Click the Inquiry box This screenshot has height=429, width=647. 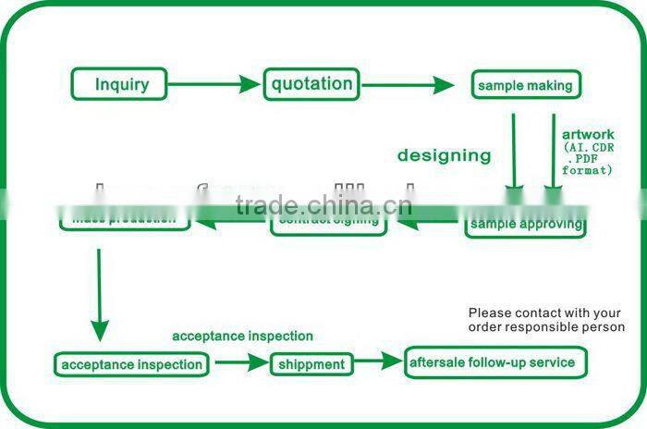(122, 85)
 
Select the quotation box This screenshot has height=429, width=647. (311, 84)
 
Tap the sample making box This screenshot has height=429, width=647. (525, 86)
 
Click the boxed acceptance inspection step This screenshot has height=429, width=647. (131, 364)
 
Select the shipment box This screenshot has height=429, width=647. (312, 364)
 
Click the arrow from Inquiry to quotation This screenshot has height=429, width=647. (215, 85)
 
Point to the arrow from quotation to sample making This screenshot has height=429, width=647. (408, 85)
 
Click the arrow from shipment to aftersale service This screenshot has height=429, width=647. (378, 363)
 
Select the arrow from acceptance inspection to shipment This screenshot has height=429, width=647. (240, 364)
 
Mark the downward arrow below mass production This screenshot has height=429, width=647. (99, 296)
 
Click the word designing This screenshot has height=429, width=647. (444, 155)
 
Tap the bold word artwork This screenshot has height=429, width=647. (587, 135)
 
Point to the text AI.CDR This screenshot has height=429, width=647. (588, 147)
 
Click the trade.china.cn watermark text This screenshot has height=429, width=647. (323, 204)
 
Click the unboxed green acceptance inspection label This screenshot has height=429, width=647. (242, 336)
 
